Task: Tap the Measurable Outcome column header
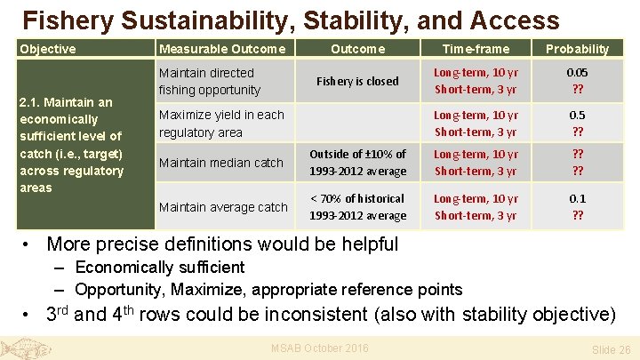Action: point(221,49)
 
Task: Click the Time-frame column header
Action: point(476,49)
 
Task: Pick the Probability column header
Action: point(577,49)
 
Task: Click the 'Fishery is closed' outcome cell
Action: point(357,81)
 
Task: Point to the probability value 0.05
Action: point(577,73)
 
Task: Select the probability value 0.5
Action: point(577,115)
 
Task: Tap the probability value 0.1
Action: point(577,198)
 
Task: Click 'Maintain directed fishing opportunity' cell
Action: point(209,81)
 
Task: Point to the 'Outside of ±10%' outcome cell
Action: point(357,163)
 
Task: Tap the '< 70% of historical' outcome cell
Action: point(357,207)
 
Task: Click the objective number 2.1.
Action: point(31,102)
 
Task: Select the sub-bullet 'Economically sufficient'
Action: point(159,268)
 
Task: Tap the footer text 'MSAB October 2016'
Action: point(319,348)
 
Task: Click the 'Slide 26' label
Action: point(611,350)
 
